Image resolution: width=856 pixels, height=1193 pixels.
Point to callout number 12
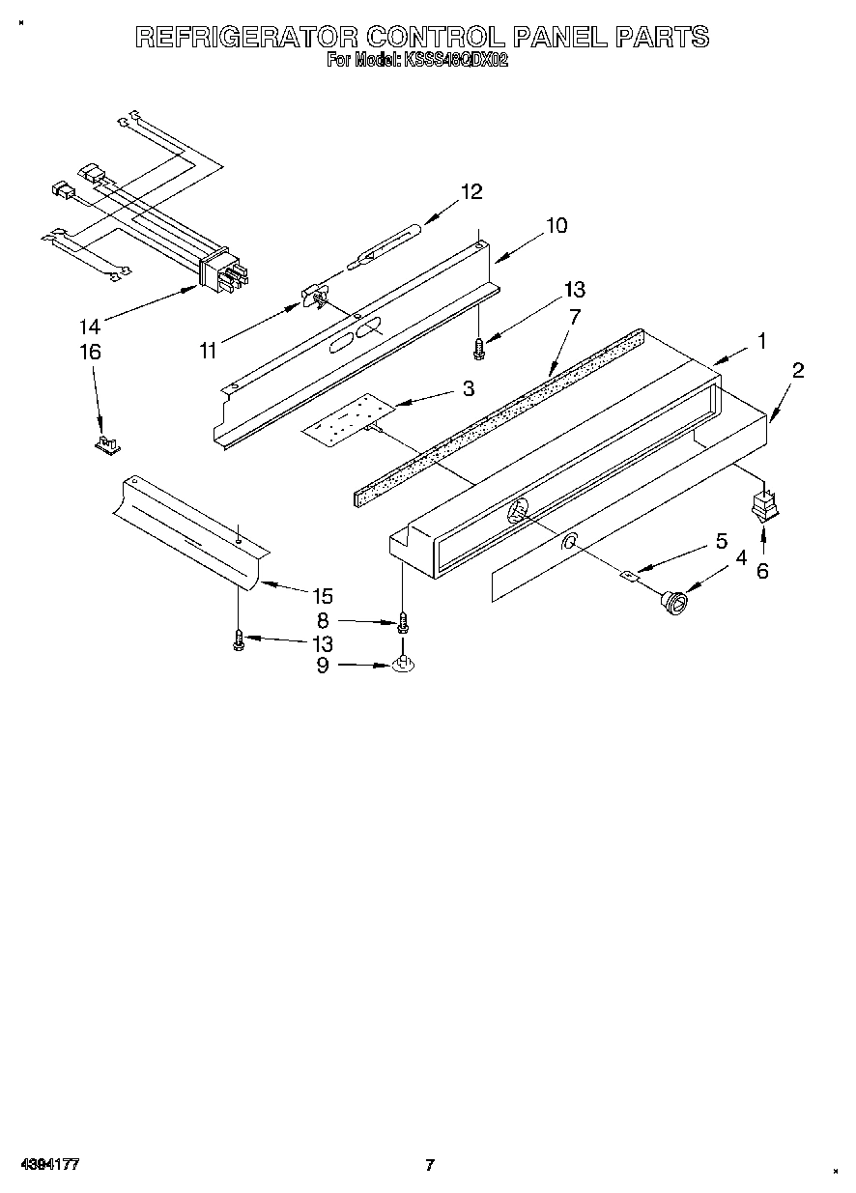coord(471,191)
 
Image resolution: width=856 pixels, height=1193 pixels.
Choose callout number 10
coord(556,226)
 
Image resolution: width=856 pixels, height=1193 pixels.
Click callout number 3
coord(468,388)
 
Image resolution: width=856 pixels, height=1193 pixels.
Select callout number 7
coord(574,315)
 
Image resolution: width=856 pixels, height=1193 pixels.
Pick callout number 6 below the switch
coord(762,571)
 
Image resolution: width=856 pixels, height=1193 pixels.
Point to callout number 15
coord(322,596)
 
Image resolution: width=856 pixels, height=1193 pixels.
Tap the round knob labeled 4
coord(672,603)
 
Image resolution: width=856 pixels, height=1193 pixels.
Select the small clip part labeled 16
coord(107,444)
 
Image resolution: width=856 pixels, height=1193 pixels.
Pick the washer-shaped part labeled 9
coord(403,665)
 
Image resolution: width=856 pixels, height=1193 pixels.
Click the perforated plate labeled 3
coord(343,417)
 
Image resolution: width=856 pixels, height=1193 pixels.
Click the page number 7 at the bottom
coord(430,1165)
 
